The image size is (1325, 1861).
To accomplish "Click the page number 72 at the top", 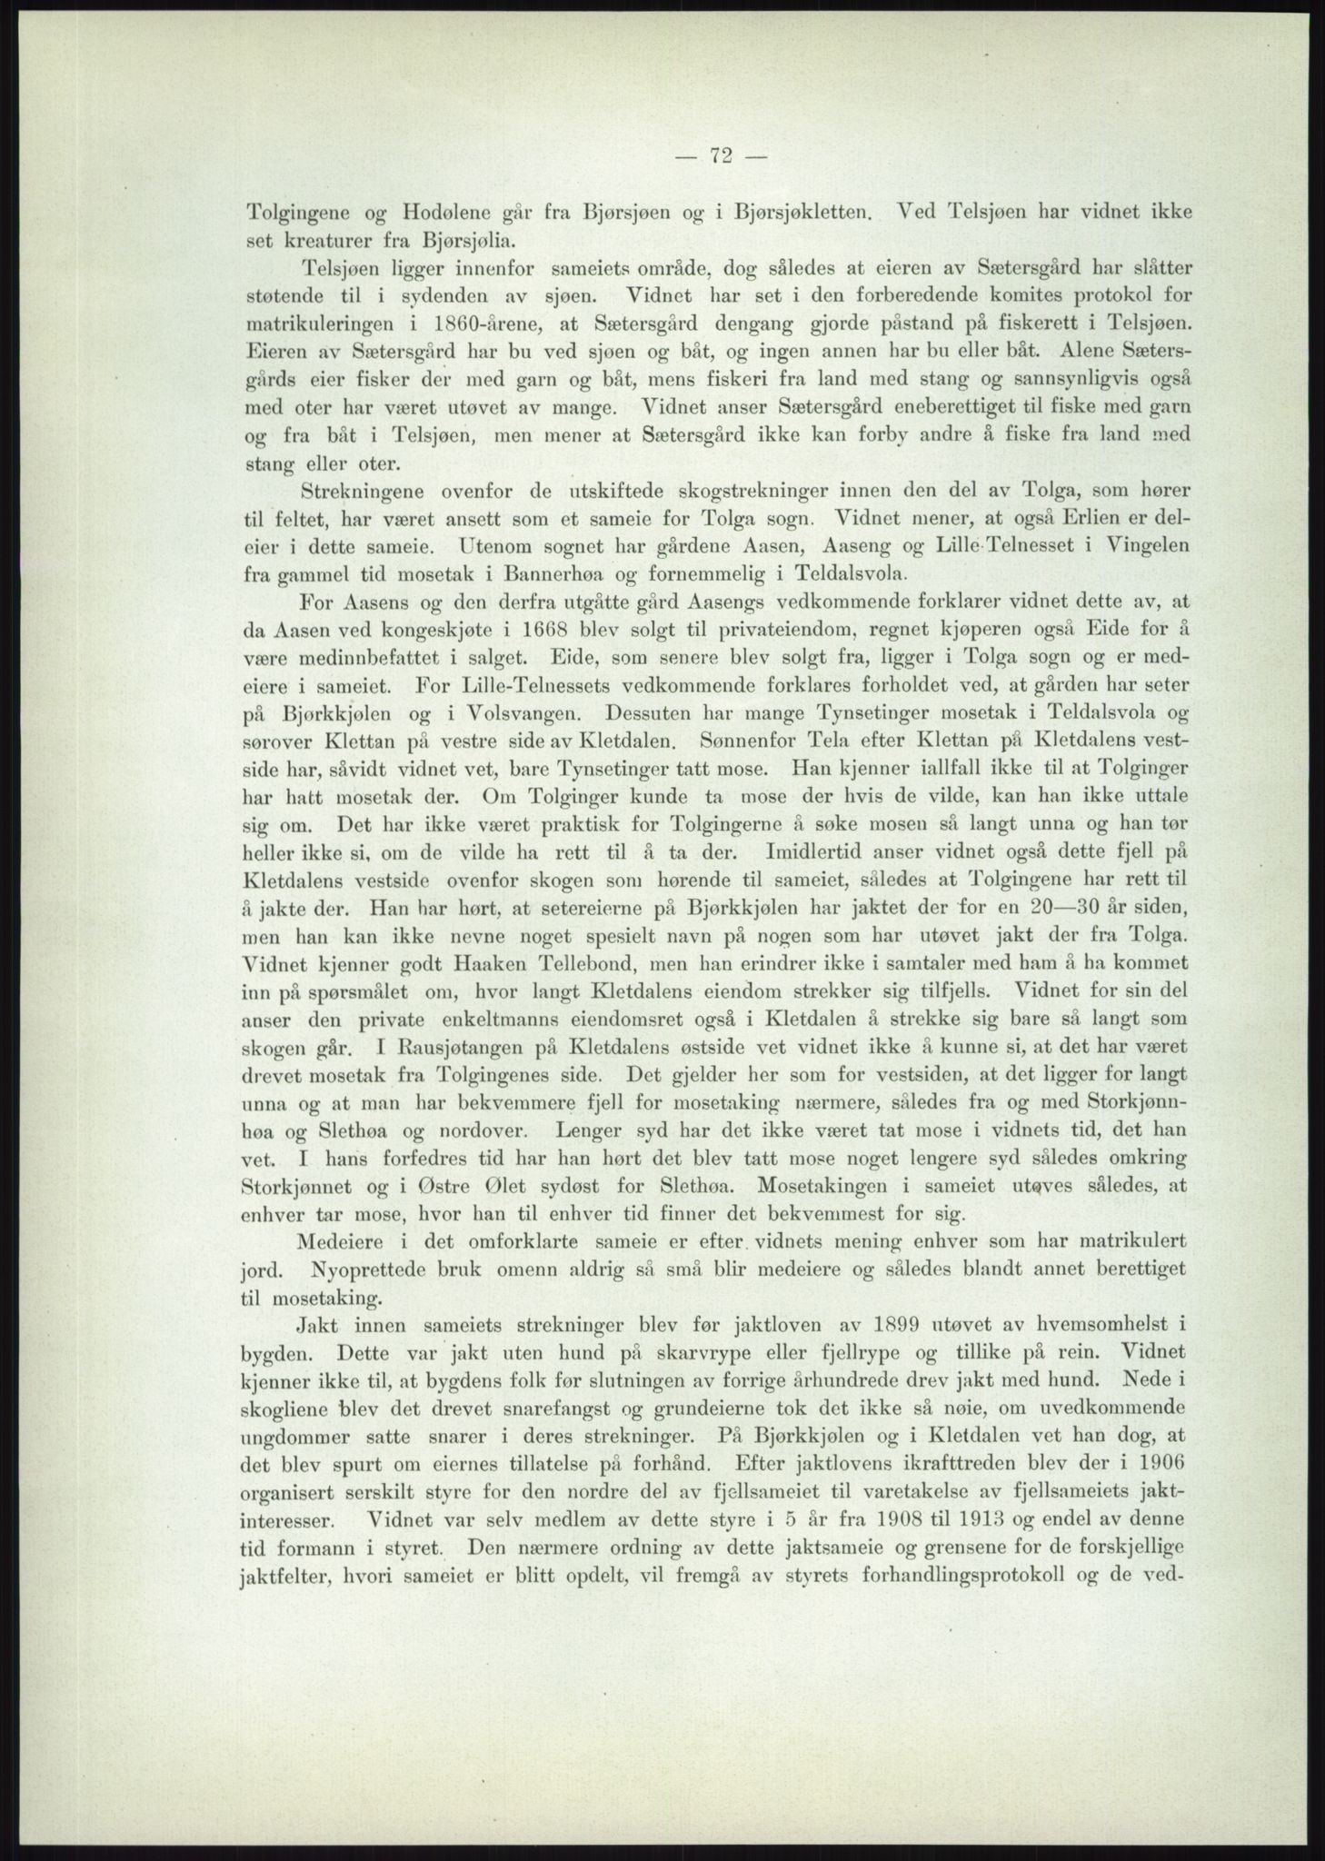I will pos(722,155).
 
